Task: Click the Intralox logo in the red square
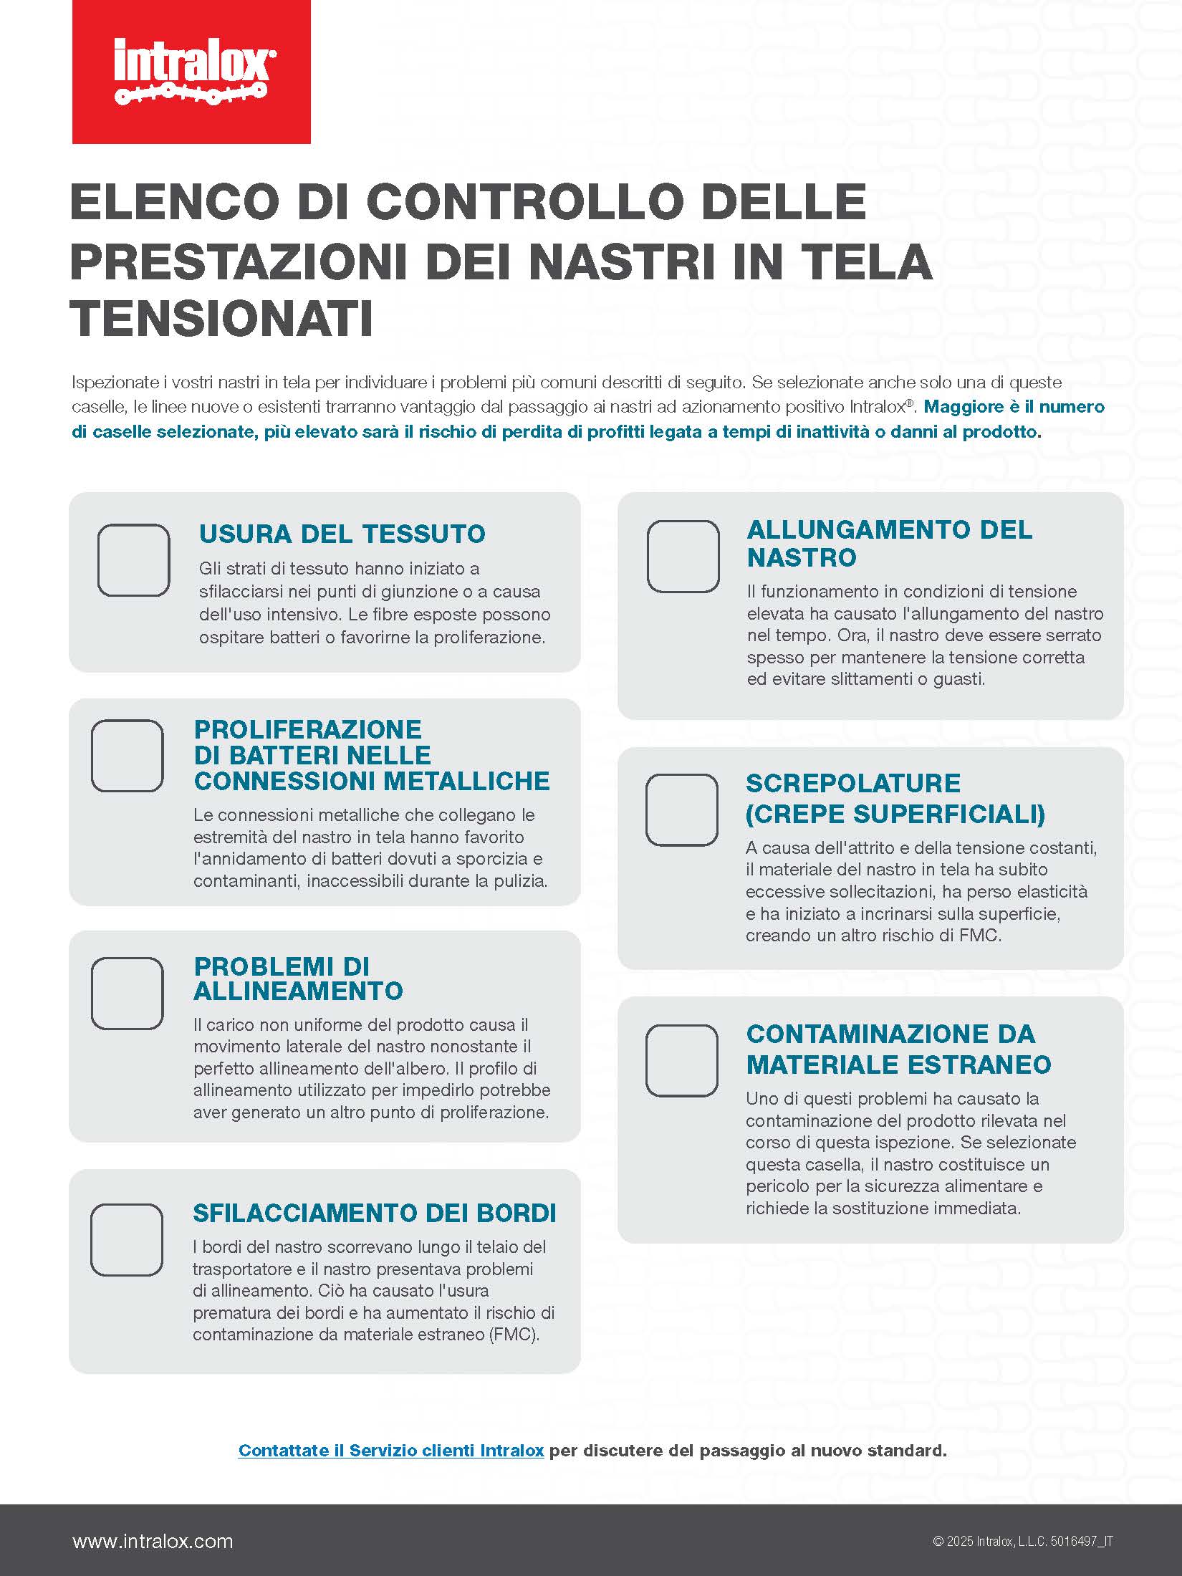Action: (x=191, y=72)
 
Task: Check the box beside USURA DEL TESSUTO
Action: (x=133, y=560)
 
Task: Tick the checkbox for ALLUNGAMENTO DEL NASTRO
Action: (x=683, y=557)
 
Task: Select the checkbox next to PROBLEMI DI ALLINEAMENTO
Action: (x=128, y=993)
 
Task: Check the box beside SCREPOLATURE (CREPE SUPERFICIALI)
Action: (x=681, y=809)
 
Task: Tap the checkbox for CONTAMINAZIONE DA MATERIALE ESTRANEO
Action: (x=681, y=1060)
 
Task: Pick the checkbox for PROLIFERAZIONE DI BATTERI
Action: (x=128, y=756)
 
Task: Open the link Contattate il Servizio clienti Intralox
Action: (x=390, y=1451)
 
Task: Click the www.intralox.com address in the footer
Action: (x=153, y=1541)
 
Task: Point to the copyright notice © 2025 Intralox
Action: (x=1022, y=1542)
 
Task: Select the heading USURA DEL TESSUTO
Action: (x=342, y=534)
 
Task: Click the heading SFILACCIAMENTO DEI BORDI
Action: (x=374, y=1213)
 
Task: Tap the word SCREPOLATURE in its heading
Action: (x=852, y=783)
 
